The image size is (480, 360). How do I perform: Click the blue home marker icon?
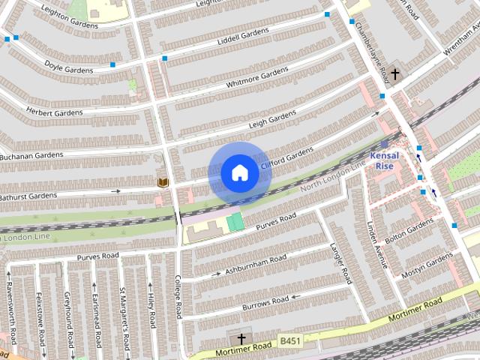click(x=239, y=173)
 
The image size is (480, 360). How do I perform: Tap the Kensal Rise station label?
click(x=387, y=160)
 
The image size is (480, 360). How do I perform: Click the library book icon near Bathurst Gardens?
click(x=163, y=182)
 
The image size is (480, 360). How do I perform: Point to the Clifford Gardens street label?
click(x=286, y=158)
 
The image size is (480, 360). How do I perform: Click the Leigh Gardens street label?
click(x=272, y=119)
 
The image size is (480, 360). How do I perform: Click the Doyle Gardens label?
click(x=68, y=68)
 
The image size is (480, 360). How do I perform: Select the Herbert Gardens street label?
click(x=54, y=112)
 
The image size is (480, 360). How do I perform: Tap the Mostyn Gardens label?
click(x=427, y=265)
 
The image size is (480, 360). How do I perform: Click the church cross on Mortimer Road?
click(x=241, y=339)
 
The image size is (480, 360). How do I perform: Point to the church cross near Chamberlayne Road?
click(x=395, y=74)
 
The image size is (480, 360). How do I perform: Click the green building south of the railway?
click(x=235, y=221)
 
